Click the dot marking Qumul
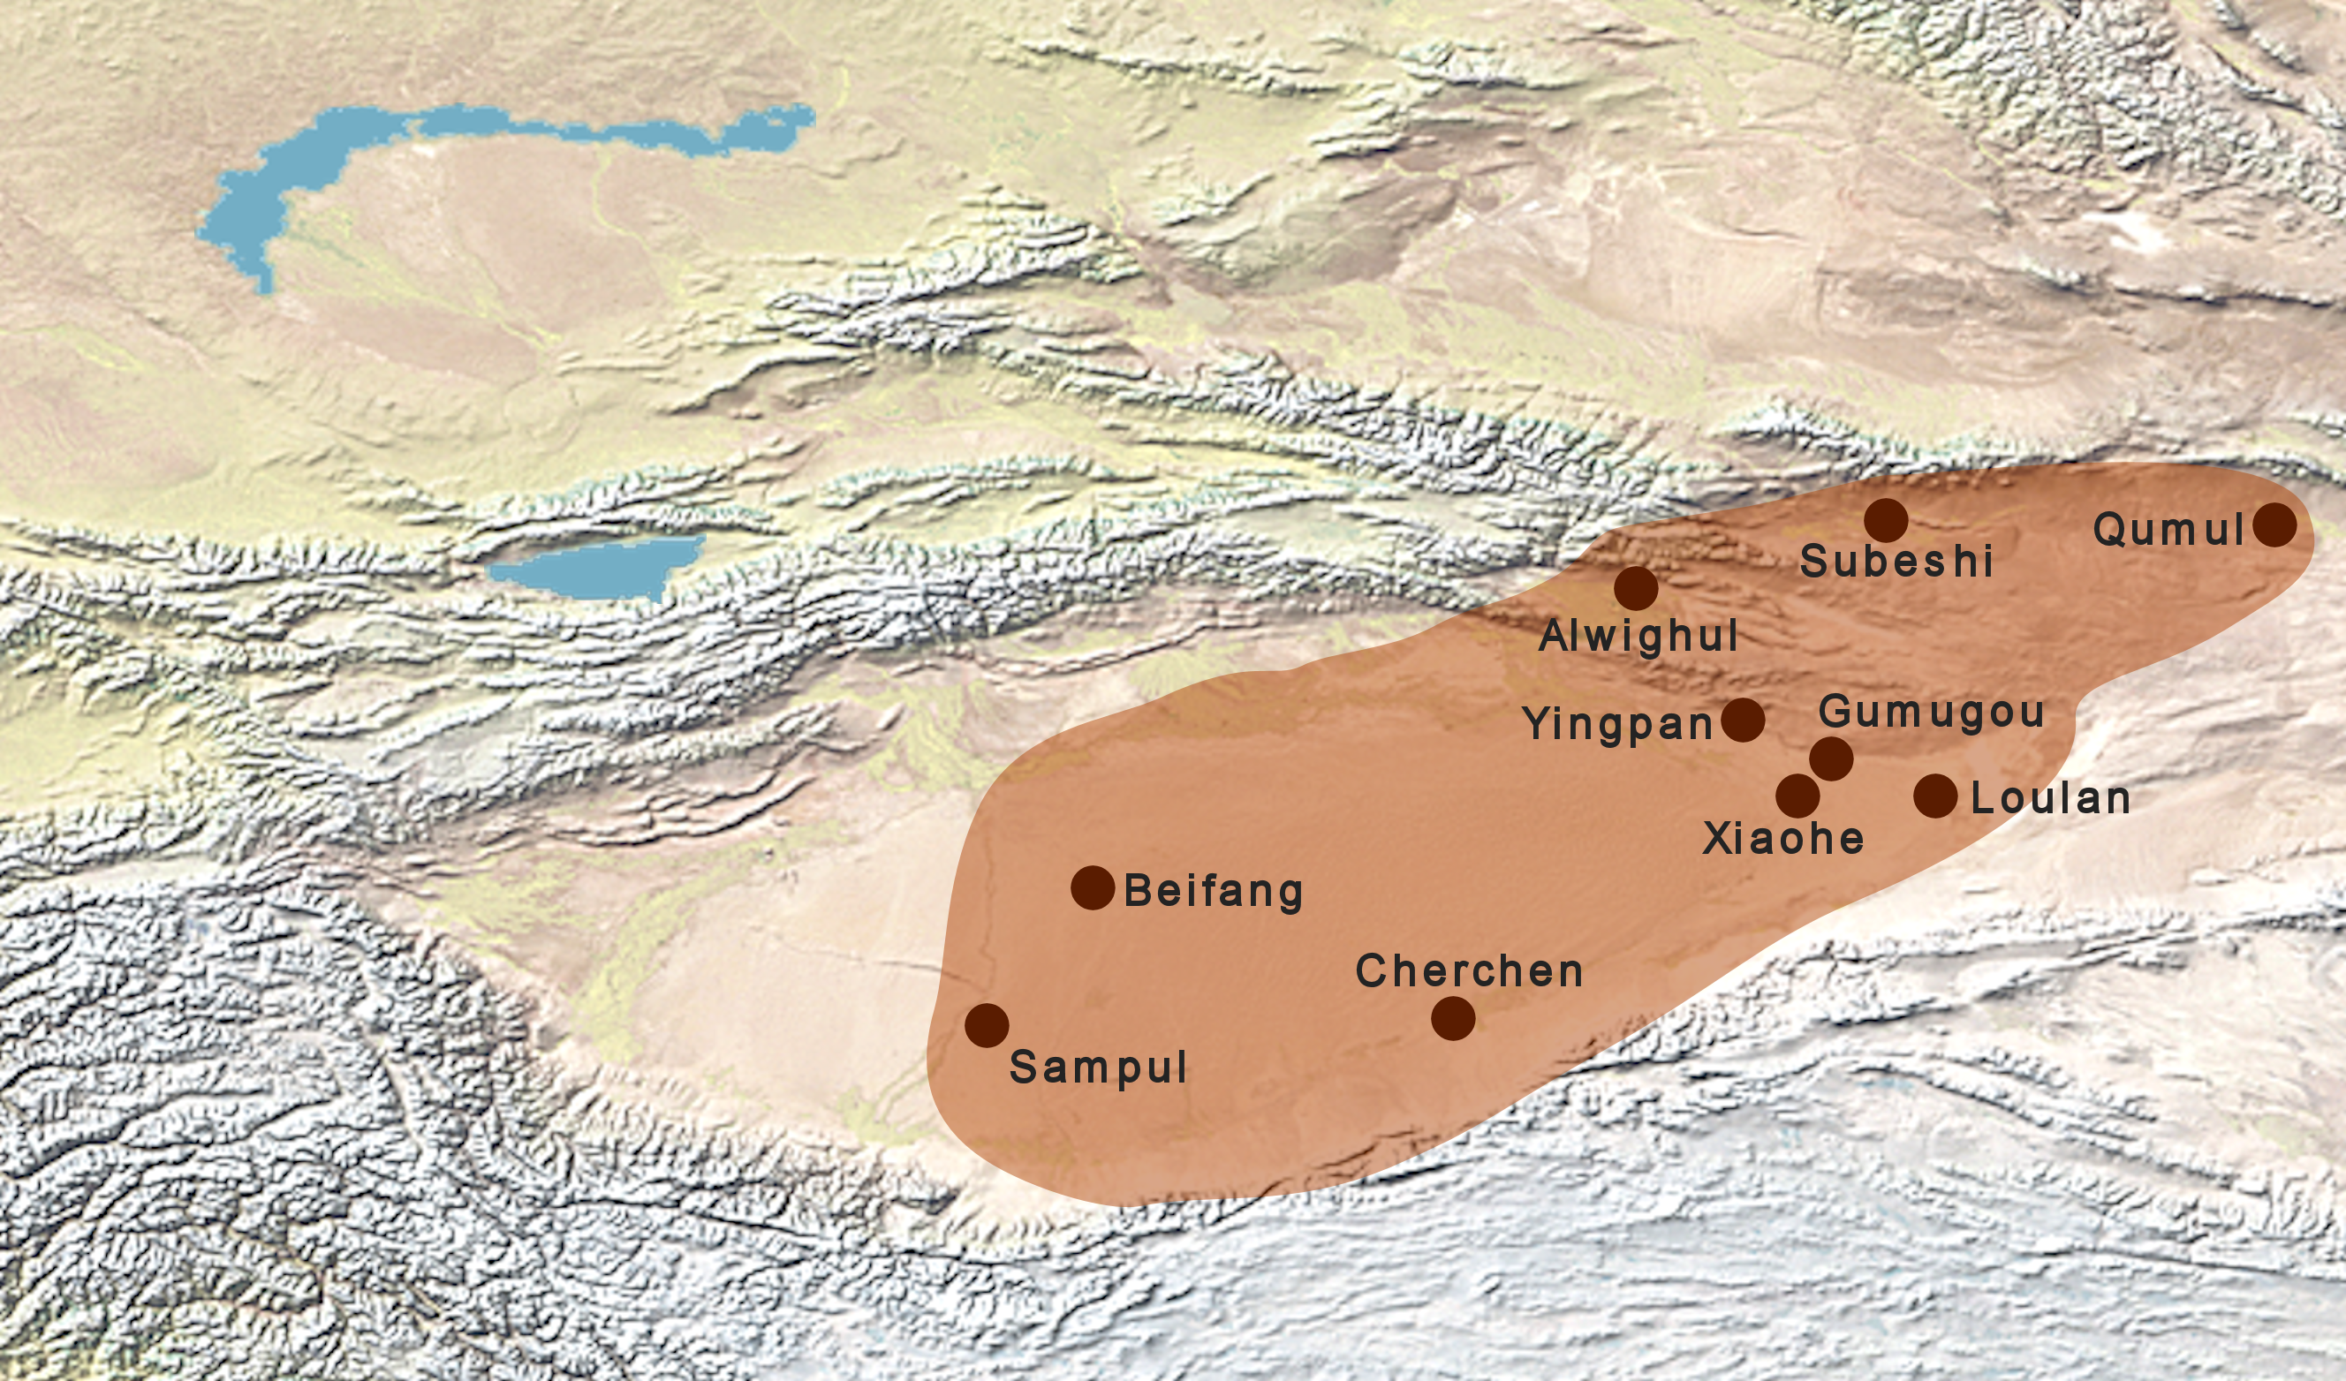[2274, 524]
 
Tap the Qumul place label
[2168, 531]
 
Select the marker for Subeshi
[1886, 520]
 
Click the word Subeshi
[1896, 562]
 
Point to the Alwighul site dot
[1636, 588]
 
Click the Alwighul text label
[1638, 637]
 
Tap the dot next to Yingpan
[1743, 720]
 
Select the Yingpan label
[1617, 724]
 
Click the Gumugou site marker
[1831, 758]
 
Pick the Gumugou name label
[1931, 713]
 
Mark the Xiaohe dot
[1797, 796]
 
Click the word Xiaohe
[1782, 839]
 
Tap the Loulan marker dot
[1935, 796]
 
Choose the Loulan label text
[2050, 798]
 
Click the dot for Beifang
[1093, 887]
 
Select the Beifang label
[1213, 891]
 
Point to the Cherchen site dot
[1453, 1018]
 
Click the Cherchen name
[1469, 971]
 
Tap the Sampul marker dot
[987, 1025]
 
